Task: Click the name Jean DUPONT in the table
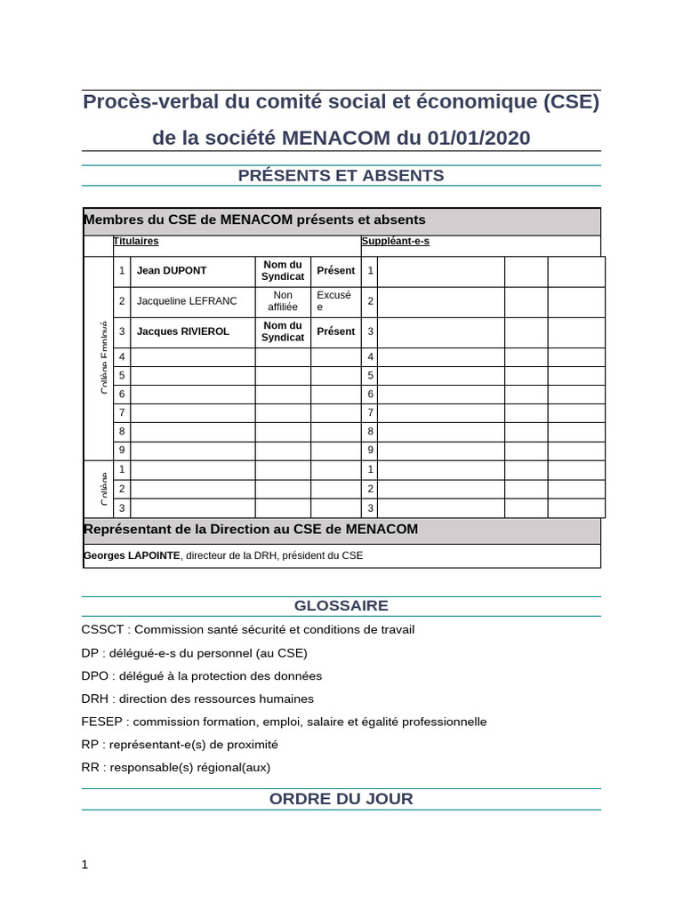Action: point(172,271)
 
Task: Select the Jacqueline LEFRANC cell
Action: point(187,301)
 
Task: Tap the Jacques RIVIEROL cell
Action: point(182,331)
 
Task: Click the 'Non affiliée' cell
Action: point(283,301)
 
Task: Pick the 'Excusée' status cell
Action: point(334,301)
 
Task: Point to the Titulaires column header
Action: point(136,241)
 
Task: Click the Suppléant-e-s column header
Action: point(395,241)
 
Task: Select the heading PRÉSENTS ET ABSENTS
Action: point(341,175)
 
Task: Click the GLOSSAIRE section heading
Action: point(341,605)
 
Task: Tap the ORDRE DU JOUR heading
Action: point(341,798)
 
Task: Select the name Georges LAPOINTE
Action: point(132,555)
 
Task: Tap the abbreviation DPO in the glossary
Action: point(95,675)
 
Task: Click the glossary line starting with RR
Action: point(176,767)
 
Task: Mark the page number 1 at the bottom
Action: point(84,864)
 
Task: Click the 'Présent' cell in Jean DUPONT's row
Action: point(335,271)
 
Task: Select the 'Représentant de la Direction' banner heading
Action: point(250,530)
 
